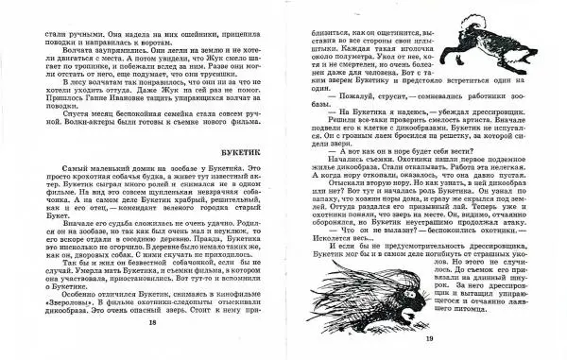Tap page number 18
[151, 321]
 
